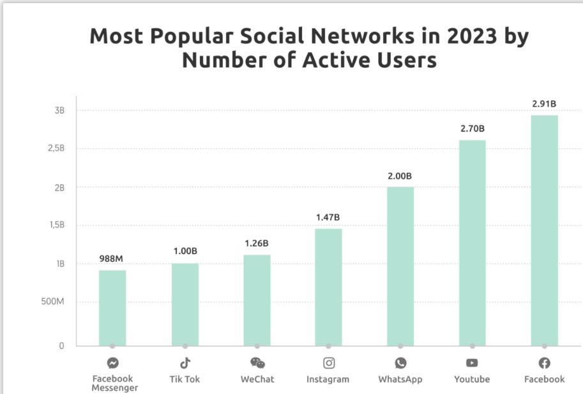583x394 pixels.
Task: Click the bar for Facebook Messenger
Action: point(112,308)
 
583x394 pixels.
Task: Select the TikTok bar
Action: point(185,304)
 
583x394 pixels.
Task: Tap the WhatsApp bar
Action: point(400,266)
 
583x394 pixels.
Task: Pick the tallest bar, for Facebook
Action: point(544,230)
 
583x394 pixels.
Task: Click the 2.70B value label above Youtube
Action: point(473,129)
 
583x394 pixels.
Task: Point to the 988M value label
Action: point(111,259)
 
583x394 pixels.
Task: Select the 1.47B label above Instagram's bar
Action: point(328,218)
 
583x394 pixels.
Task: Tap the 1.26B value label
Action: point(257,243)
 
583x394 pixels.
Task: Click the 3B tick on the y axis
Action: point(60,110)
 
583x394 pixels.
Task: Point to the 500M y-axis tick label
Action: point(53,302)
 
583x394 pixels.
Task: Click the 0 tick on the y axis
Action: point(62,346)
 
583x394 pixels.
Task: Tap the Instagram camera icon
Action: point(329,363)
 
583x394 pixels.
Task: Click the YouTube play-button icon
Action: point(472,363)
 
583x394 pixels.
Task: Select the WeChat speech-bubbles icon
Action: point(257,363)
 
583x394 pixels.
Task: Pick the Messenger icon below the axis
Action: point(112,363)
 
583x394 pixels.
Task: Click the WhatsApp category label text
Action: point(400,379)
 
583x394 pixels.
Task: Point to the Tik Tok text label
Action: point(185,379)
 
